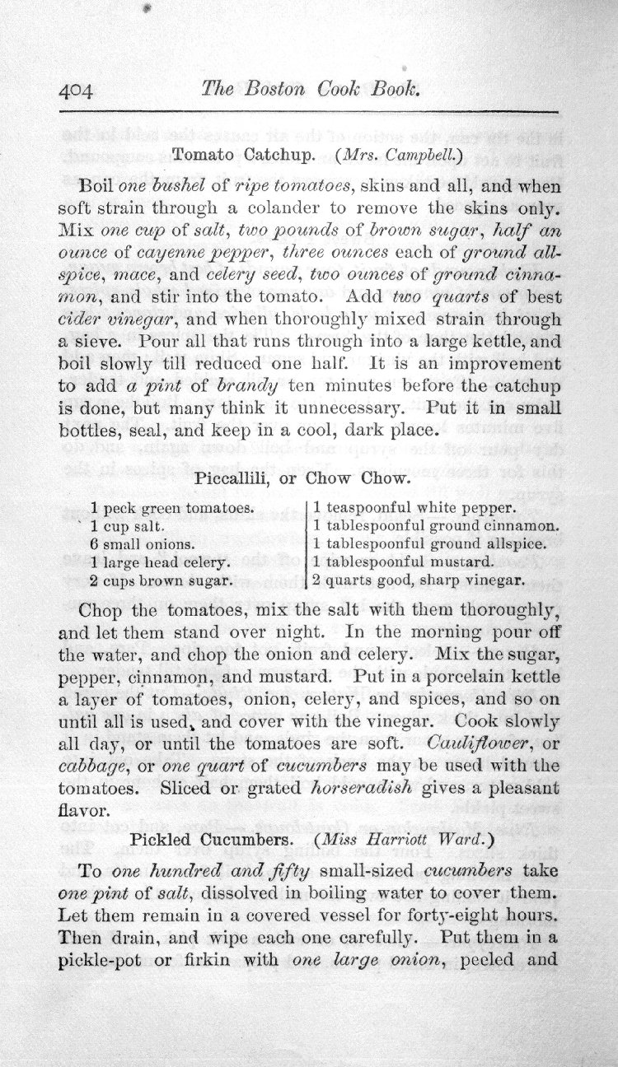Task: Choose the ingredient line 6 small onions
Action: pos(142,544)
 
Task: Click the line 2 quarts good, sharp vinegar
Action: pos(418,580)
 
